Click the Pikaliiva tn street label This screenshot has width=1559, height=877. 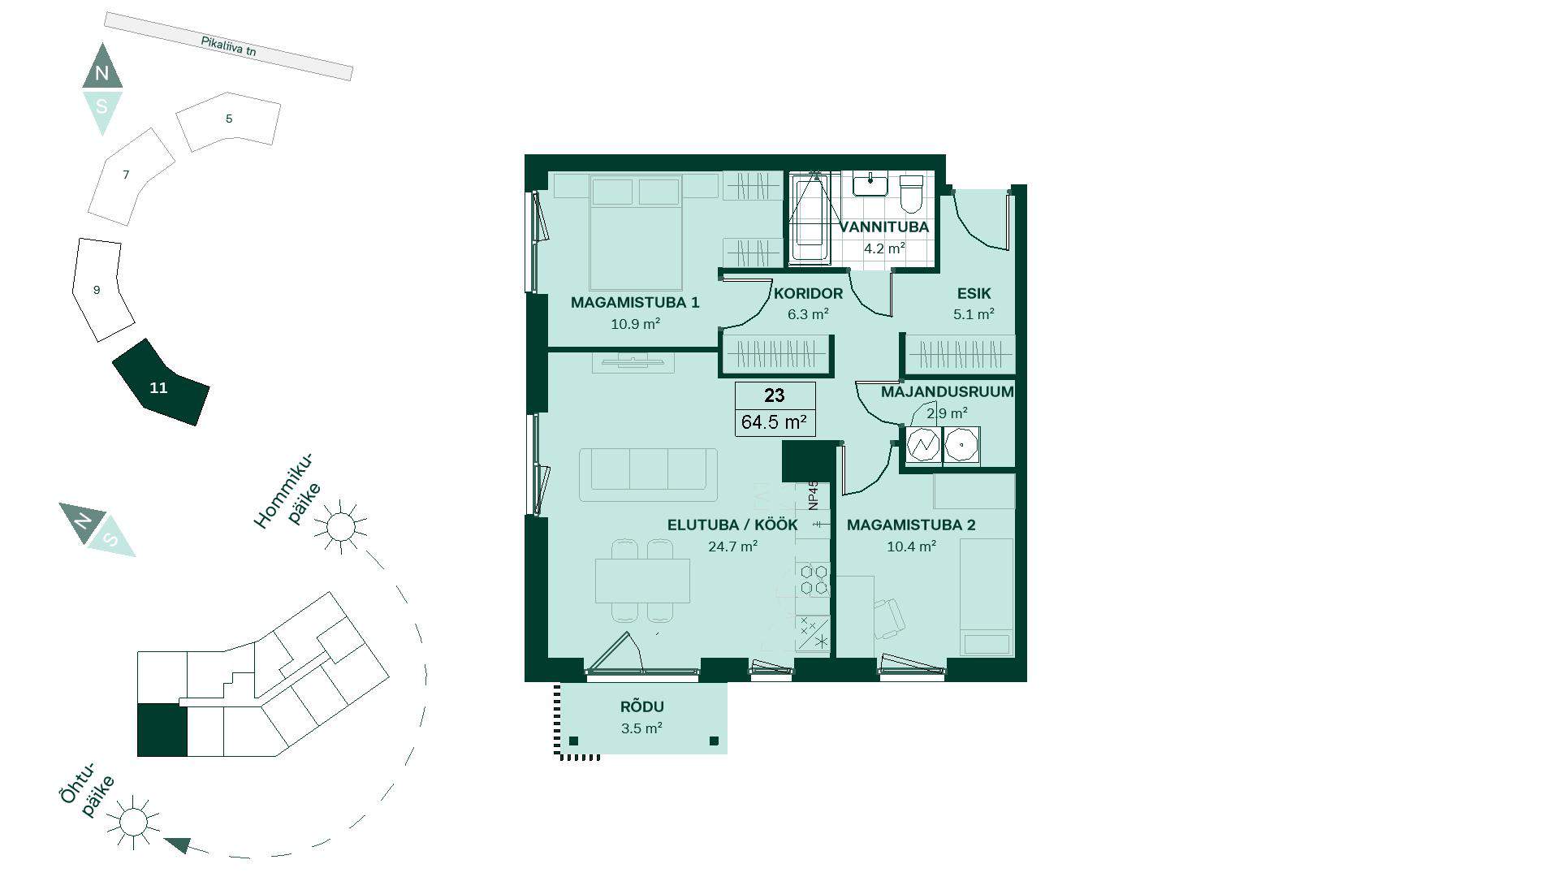tap(228, 46)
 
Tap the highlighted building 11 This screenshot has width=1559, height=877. tap(160, 382)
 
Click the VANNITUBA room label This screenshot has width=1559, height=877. tap(884, 227)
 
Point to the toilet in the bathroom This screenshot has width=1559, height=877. tap(912, 193)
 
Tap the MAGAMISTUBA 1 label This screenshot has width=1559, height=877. tap(635, 303)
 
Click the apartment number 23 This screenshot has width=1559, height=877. tap(775, 395)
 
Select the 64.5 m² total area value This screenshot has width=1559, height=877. tap(774, 422)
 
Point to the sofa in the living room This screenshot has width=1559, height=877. tap(648, 474)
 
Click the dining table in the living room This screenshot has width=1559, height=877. tap(642, 581)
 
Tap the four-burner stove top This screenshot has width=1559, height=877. tap(814, 580)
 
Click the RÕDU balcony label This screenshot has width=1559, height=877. tap(642, 707)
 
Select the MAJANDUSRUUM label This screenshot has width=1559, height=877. tap(948, 392)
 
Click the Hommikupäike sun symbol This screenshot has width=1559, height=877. tap(340, 526)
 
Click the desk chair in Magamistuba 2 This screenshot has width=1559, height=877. tap(889, 618)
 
